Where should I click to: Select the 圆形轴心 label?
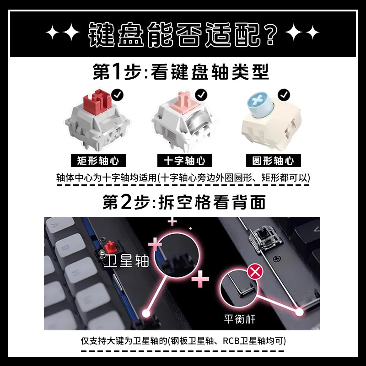pos(273,161)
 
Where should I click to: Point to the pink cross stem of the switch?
pos(184,99)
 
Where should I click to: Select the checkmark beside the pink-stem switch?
pos(201,95)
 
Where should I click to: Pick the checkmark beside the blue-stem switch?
pos(285,95)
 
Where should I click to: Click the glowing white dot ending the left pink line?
pos(147,313)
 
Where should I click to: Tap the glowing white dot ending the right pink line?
pos(300,312)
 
